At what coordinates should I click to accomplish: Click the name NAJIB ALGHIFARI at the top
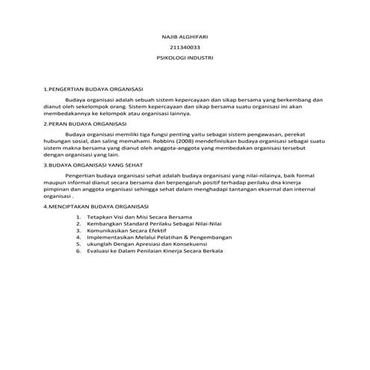click(x=185, y=37)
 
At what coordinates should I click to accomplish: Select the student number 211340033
click(x=185, y=47)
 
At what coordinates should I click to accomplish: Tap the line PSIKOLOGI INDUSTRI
click(x=185, y=57)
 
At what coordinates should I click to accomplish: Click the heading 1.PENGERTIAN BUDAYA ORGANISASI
click(x=93, y=88)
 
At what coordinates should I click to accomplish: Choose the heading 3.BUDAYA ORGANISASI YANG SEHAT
click(x=93, y=163)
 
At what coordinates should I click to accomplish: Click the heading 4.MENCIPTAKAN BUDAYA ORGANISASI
click(x=96, y=205)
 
